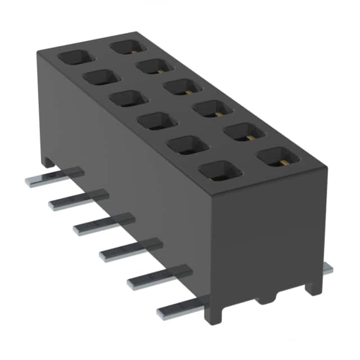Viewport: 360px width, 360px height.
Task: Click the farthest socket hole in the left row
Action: [73, 58]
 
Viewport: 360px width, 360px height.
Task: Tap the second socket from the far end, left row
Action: [101, 77]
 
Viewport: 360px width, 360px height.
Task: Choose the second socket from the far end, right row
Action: [153, 66]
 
